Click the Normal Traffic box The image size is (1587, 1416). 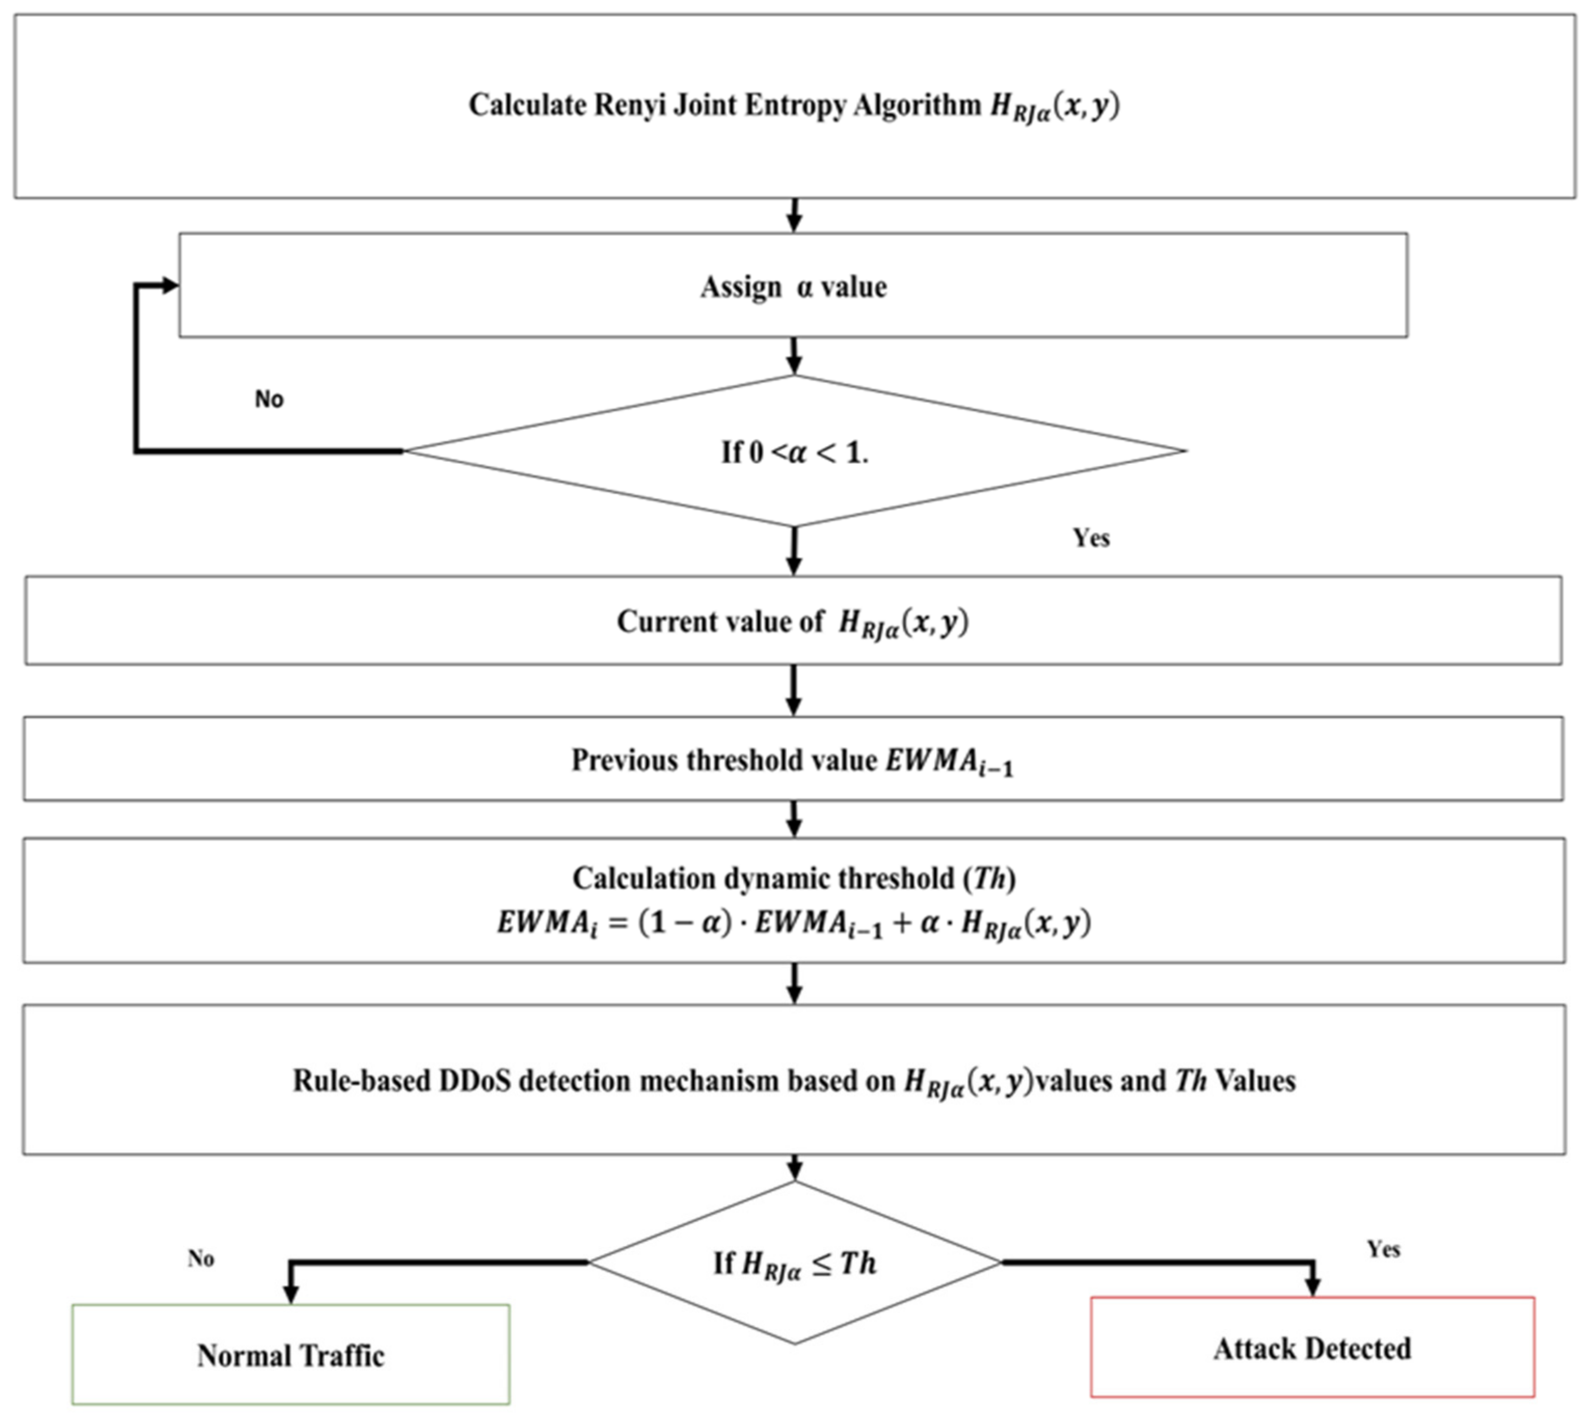pyautogui.click(x=290, y=1355)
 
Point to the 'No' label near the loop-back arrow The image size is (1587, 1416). pyautogui.click(x=269, y=399)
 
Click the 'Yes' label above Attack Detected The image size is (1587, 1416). pyautogui.click(x=1383, y=1249)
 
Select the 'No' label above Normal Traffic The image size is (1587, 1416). pyautogui.click(x=200, y=1259)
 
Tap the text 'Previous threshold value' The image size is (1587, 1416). pyautogui.click(x=723, y=760)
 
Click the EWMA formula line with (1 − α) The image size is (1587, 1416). pyautogui.click(x=793, y=924)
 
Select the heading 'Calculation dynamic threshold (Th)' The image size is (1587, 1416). pyautogui.click(x=793, y=879)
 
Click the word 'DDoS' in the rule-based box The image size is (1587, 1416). pyautogui.click(x=475, y=1081)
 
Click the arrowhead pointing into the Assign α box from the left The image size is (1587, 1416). pyautogui.click(x=170, y=286)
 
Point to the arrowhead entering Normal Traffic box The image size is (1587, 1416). pyautogui.click(x=290, y=1293)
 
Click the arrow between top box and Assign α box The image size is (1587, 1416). pyautogui.click(x=793, y=215)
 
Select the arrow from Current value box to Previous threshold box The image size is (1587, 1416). pyautogui.click(x=793, y=690)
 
